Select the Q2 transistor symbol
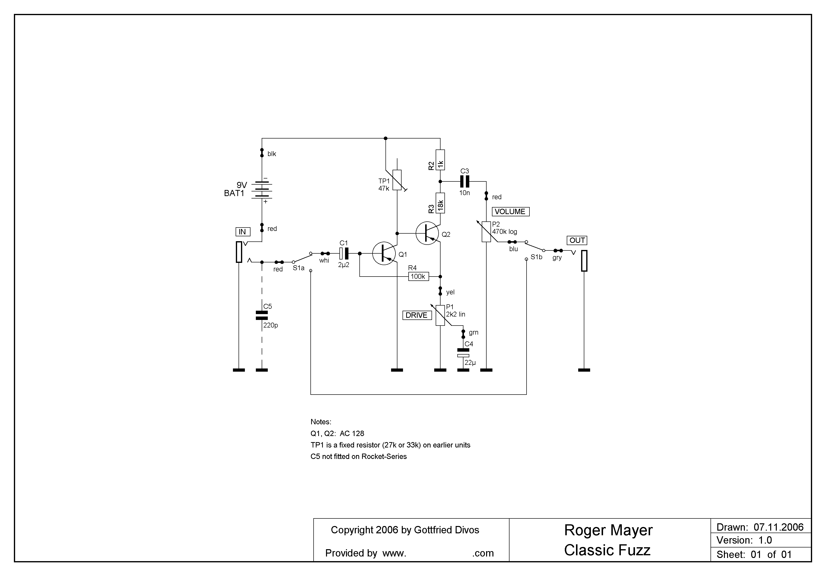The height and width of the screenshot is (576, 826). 427,233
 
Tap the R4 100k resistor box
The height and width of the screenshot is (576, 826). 418,277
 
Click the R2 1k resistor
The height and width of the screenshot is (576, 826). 440,160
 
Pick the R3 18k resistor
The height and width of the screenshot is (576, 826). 440,203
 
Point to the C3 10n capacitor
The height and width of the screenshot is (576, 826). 465,181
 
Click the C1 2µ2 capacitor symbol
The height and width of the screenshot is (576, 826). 344,253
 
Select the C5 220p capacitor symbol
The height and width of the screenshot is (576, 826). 262,316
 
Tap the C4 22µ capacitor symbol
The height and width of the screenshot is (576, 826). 463,353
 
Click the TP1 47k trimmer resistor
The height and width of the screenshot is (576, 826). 397,180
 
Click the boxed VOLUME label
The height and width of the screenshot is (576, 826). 510,212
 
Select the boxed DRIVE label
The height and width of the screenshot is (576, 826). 417,315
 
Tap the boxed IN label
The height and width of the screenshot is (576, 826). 243,232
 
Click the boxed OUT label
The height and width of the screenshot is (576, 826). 577,240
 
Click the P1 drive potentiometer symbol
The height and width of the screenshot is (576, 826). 440,315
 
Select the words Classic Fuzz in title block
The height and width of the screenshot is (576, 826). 607,550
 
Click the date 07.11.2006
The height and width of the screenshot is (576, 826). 778,527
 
